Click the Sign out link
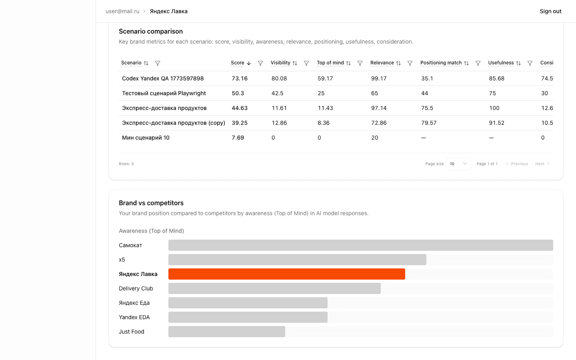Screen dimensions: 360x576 coord(550,11)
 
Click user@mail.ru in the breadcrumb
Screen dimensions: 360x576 coord(122,11)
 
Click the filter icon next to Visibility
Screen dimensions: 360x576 coord(306,63)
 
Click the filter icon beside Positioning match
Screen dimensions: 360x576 coord(478,63)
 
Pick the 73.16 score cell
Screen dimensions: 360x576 coord(240,78)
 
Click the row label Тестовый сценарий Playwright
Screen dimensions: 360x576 coord(164,93)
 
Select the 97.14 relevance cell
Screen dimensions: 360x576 coord(379,108)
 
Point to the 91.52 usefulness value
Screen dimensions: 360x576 coord(496,123)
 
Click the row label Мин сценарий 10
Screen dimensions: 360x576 coord(146,138)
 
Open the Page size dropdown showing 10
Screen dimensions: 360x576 coord(459,164)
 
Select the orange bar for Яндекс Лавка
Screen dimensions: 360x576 coord(286,274)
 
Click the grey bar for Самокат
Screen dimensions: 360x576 coord(360,245)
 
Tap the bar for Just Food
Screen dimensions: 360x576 coord(226,332)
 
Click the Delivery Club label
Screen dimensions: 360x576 coord(136,288)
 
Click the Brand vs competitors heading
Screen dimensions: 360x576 coord(151,203)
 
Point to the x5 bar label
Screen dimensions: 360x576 coord(122,260)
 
